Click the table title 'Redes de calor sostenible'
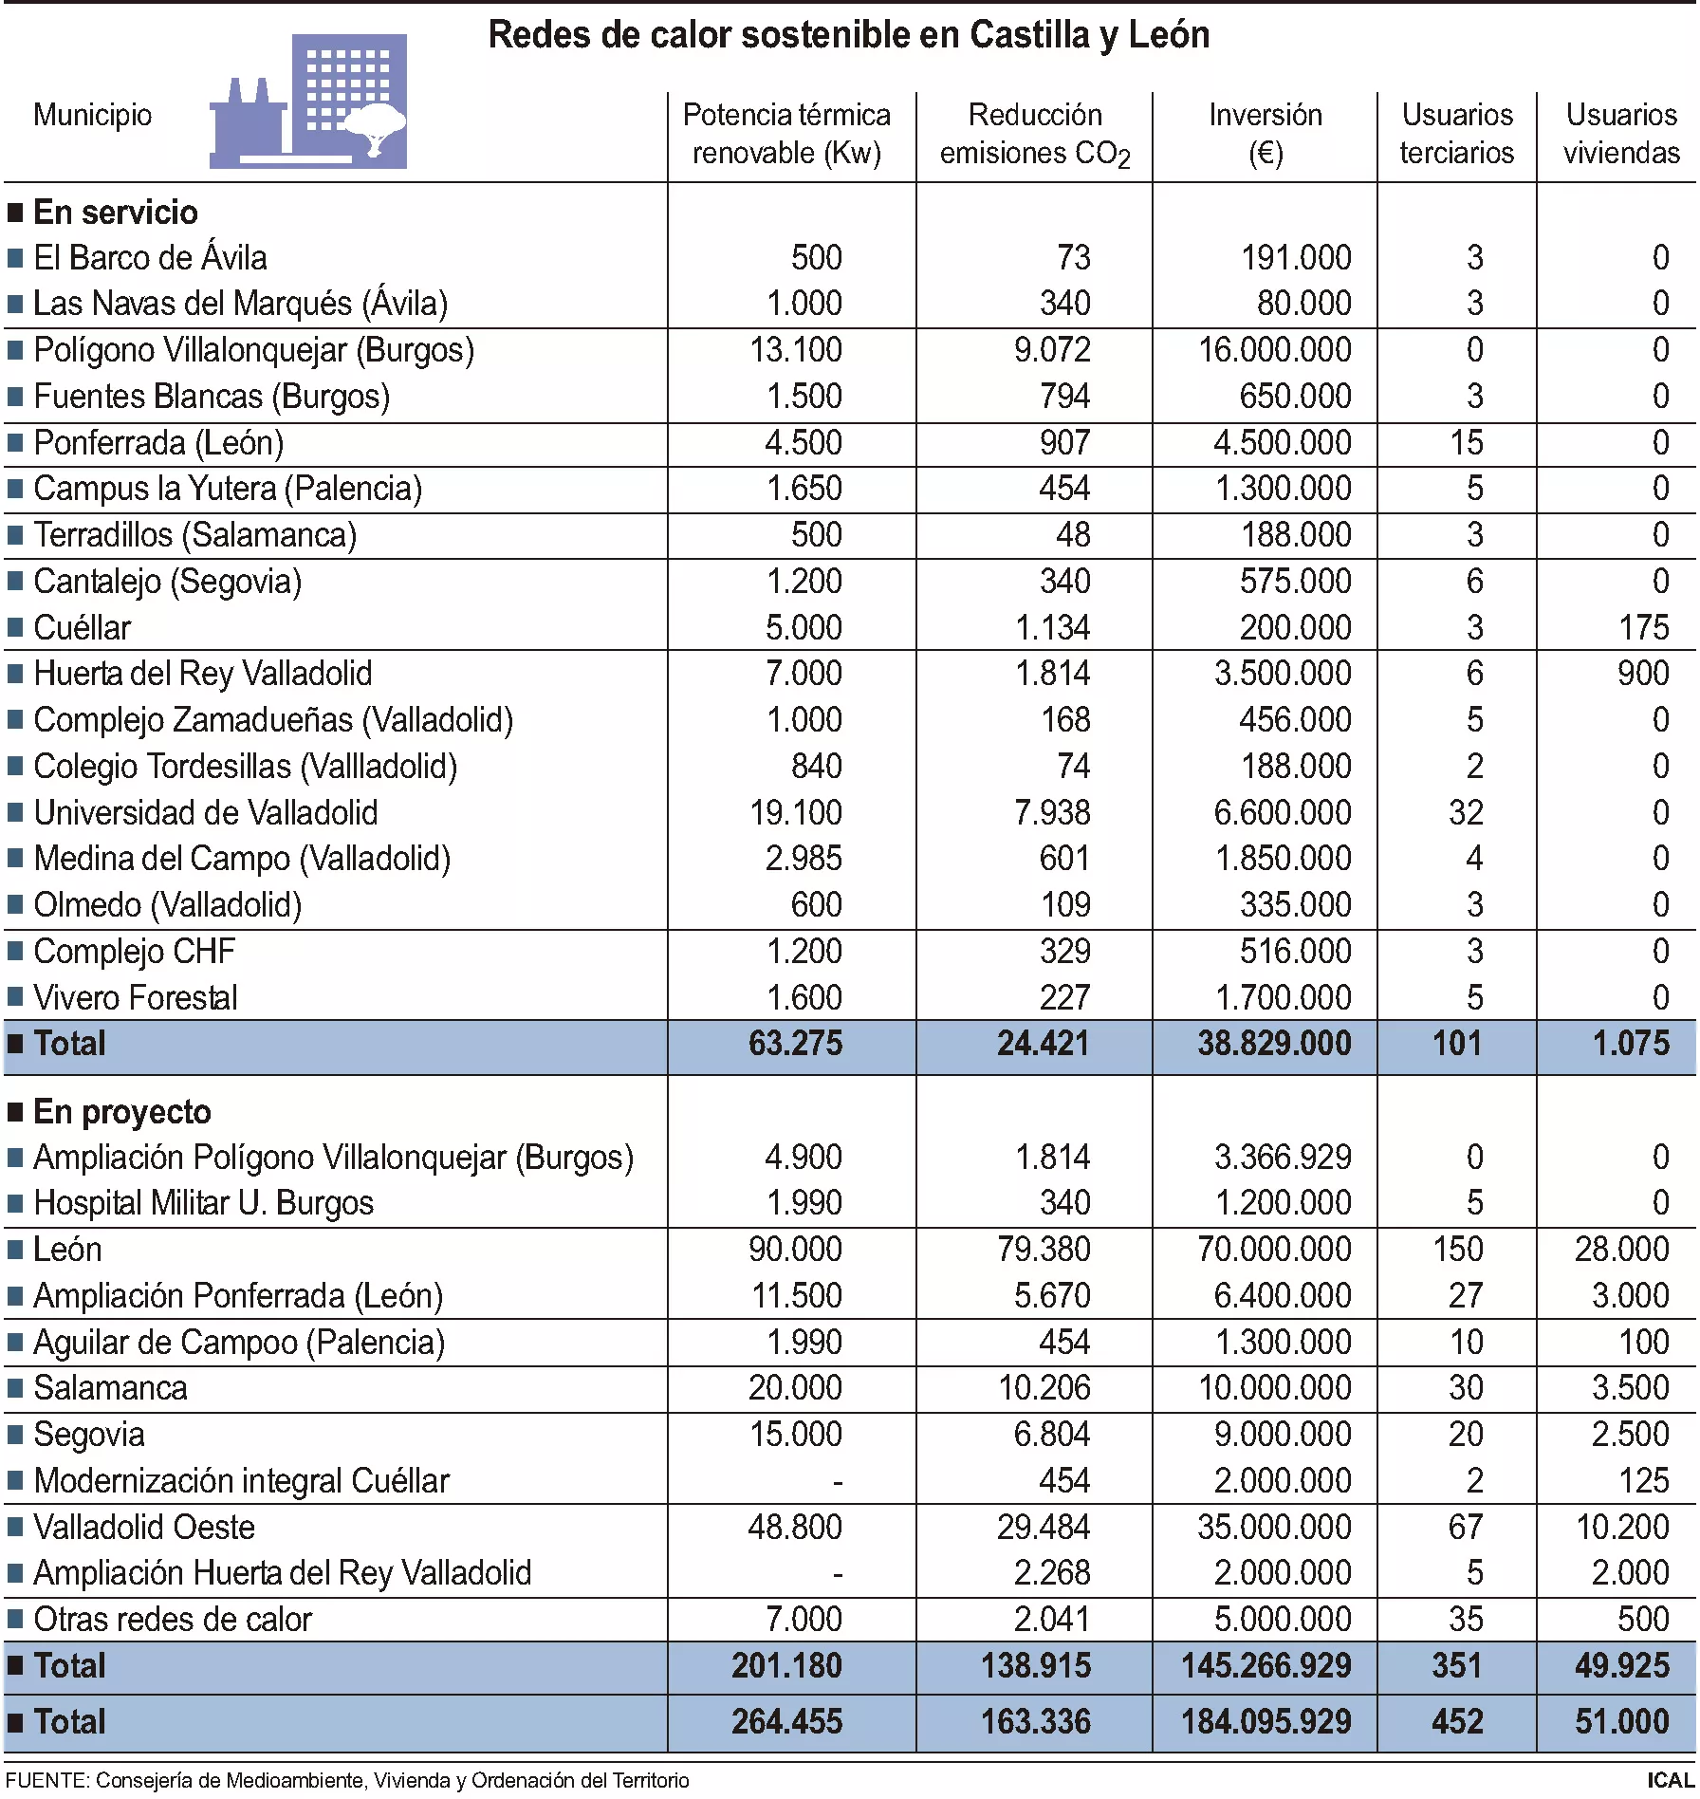pos(848,35)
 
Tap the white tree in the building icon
pos(375,128)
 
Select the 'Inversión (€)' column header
pos(1265,134)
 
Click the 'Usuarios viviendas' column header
pos(1620,134)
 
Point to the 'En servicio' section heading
pos(115,212)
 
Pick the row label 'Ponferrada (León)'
pos(157,443)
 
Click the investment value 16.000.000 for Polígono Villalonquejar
pos(1274,350)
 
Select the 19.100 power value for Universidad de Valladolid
pos(795,813)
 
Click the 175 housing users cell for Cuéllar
pos(1643,628)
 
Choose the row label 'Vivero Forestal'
pos(136,998)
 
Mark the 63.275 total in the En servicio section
pos(795,1044)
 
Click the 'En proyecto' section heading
pos(121,1112)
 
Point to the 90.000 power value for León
pos(795,1250)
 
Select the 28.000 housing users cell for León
pos(1621,1250)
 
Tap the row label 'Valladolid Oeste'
pos(144,1528)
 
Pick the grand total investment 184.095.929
pos(1266,1722)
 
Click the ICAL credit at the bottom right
pos(1670,1780)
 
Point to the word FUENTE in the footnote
pos(45,1781)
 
